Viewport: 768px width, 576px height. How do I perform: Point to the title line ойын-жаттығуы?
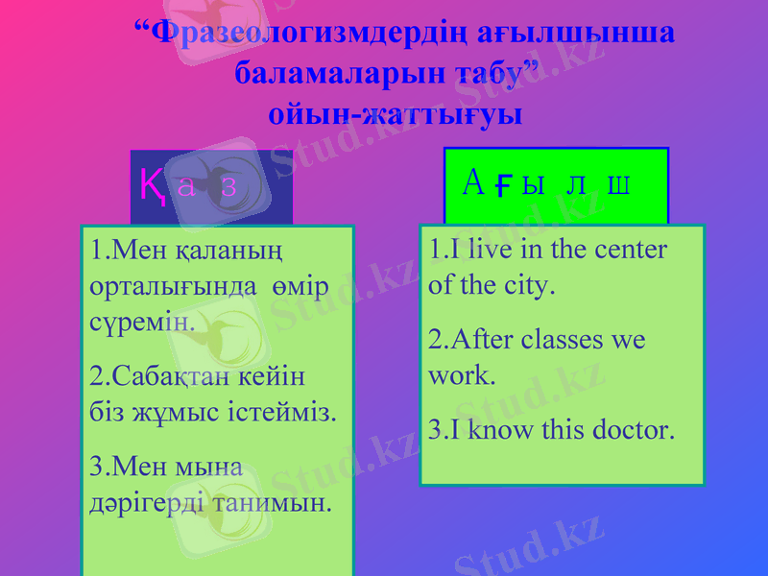click(396, 114)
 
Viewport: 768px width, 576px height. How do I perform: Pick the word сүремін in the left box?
click(141, 323)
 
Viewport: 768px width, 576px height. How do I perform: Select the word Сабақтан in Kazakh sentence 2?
click(164, 375)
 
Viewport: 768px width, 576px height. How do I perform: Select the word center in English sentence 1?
click(628, 249)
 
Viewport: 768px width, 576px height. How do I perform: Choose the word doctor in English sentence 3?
click(632, 428)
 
